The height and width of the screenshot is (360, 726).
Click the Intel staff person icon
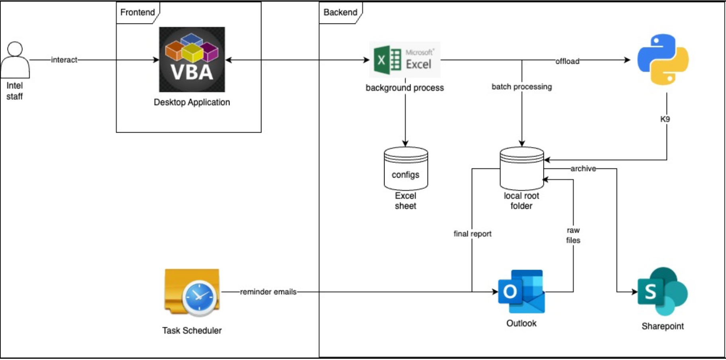(15, 60)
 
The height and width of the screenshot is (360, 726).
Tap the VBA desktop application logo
(192, 59)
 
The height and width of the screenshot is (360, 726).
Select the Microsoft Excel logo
(404, 60)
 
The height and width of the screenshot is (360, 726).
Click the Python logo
(663, 60)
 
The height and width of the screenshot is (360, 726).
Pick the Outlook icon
(521, 292)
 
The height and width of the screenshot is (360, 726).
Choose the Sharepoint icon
(663, 292)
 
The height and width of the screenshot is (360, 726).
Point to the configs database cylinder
(406, 168)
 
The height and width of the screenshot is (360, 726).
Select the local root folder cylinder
(522, 168)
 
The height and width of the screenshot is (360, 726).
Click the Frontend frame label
(137, 12)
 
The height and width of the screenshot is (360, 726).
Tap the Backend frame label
(340, 12)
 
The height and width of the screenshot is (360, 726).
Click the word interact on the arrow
(64, 60)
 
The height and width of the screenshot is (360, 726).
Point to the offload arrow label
(567, 61)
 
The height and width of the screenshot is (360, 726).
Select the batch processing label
(522, 86)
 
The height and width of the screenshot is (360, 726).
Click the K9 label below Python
(665, 119)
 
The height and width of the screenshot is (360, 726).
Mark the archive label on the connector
(583, 168)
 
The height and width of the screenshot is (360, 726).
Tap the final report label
(472, 234)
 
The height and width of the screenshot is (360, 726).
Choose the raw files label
(573, 235)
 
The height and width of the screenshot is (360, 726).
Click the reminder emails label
(268, 292)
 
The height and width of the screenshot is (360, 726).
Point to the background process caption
(404, 88)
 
